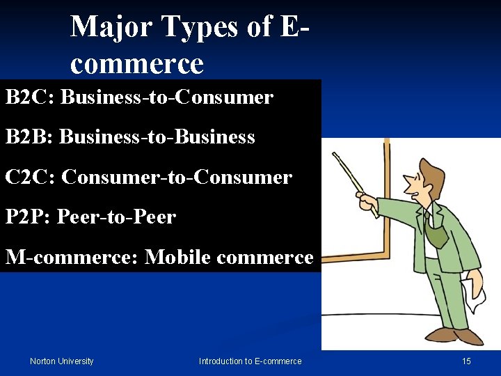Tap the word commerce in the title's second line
coord(136,64)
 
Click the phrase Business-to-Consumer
coord(167,97)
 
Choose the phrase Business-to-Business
coord(157,137)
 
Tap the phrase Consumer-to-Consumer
coord(177,178)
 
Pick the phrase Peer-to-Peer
coord(117,217)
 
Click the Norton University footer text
coord(61,361)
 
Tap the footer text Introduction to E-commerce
coord(250,361)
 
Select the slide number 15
coord(466,361)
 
